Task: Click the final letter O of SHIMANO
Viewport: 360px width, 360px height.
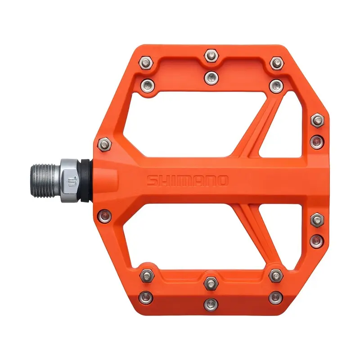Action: tap(222, 180)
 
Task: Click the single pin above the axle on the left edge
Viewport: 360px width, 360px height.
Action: tap(103, 144)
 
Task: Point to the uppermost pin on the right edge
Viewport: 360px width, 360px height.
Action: tap(317, 119)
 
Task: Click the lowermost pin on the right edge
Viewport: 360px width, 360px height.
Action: tap(317, 239)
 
